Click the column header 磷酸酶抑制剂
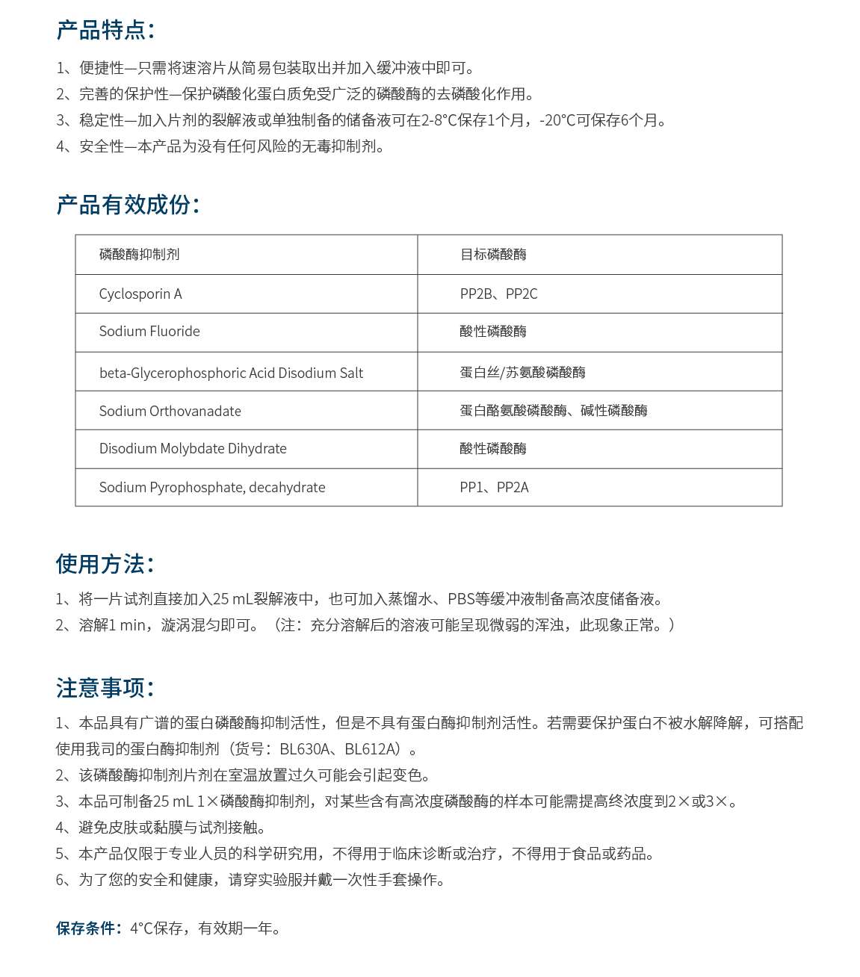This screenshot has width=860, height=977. (139, 255)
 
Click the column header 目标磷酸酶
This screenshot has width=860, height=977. (493, 255)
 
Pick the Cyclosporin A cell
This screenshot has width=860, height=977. (140, 294)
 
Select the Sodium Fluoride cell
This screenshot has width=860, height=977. (149, 332)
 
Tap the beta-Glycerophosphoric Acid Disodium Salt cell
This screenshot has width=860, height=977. (231, 373)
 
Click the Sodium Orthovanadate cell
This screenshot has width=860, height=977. (170, 411)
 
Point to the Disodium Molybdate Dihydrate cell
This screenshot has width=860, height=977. (193, 449)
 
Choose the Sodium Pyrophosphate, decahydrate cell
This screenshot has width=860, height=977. (212, 488)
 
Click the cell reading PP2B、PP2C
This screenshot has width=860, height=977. (498, 294)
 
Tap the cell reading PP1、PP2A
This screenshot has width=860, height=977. (494, 488)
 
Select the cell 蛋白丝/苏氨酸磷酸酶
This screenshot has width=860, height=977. (522, 373)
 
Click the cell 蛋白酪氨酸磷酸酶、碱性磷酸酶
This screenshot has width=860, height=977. (554, 411)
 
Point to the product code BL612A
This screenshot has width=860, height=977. (369, 749)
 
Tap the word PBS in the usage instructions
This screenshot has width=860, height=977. (461, 599)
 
